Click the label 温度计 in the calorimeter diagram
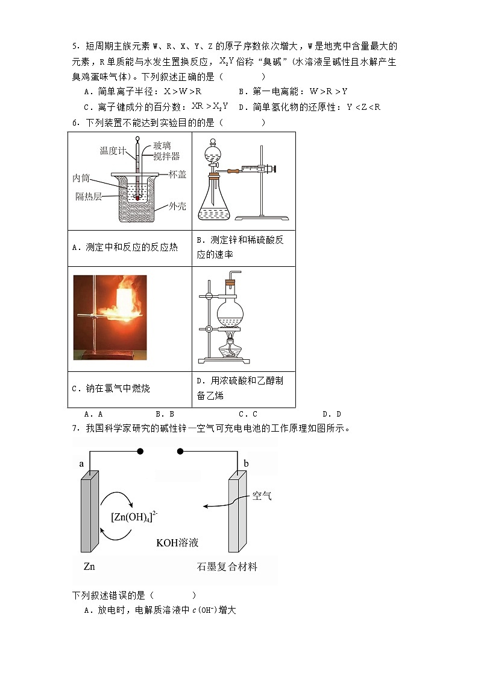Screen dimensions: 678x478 [113, 151]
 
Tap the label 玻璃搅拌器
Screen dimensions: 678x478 [166, 151]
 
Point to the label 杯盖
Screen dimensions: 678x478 [177, 174]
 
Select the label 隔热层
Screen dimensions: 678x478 [89, 197]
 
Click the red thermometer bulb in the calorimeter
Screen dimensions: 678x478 [138, 197]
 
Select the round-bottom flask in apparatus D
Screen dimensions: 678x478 [229, 313]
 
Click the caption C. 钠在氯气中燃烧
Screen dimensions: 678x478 [111, 389]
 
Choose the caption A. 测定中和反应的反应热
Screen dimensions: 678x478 [125, 247]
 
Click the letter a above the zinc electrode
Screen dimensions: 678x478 [82, 464]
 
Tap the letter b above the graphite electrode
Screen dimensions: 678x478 [246, 464]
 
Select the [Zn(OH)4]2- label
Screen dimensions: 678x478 [134, 517]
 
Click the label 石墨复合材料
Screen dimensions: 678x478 [227, 566]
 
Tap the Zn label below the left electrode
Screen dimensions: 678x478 [89, 566]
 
